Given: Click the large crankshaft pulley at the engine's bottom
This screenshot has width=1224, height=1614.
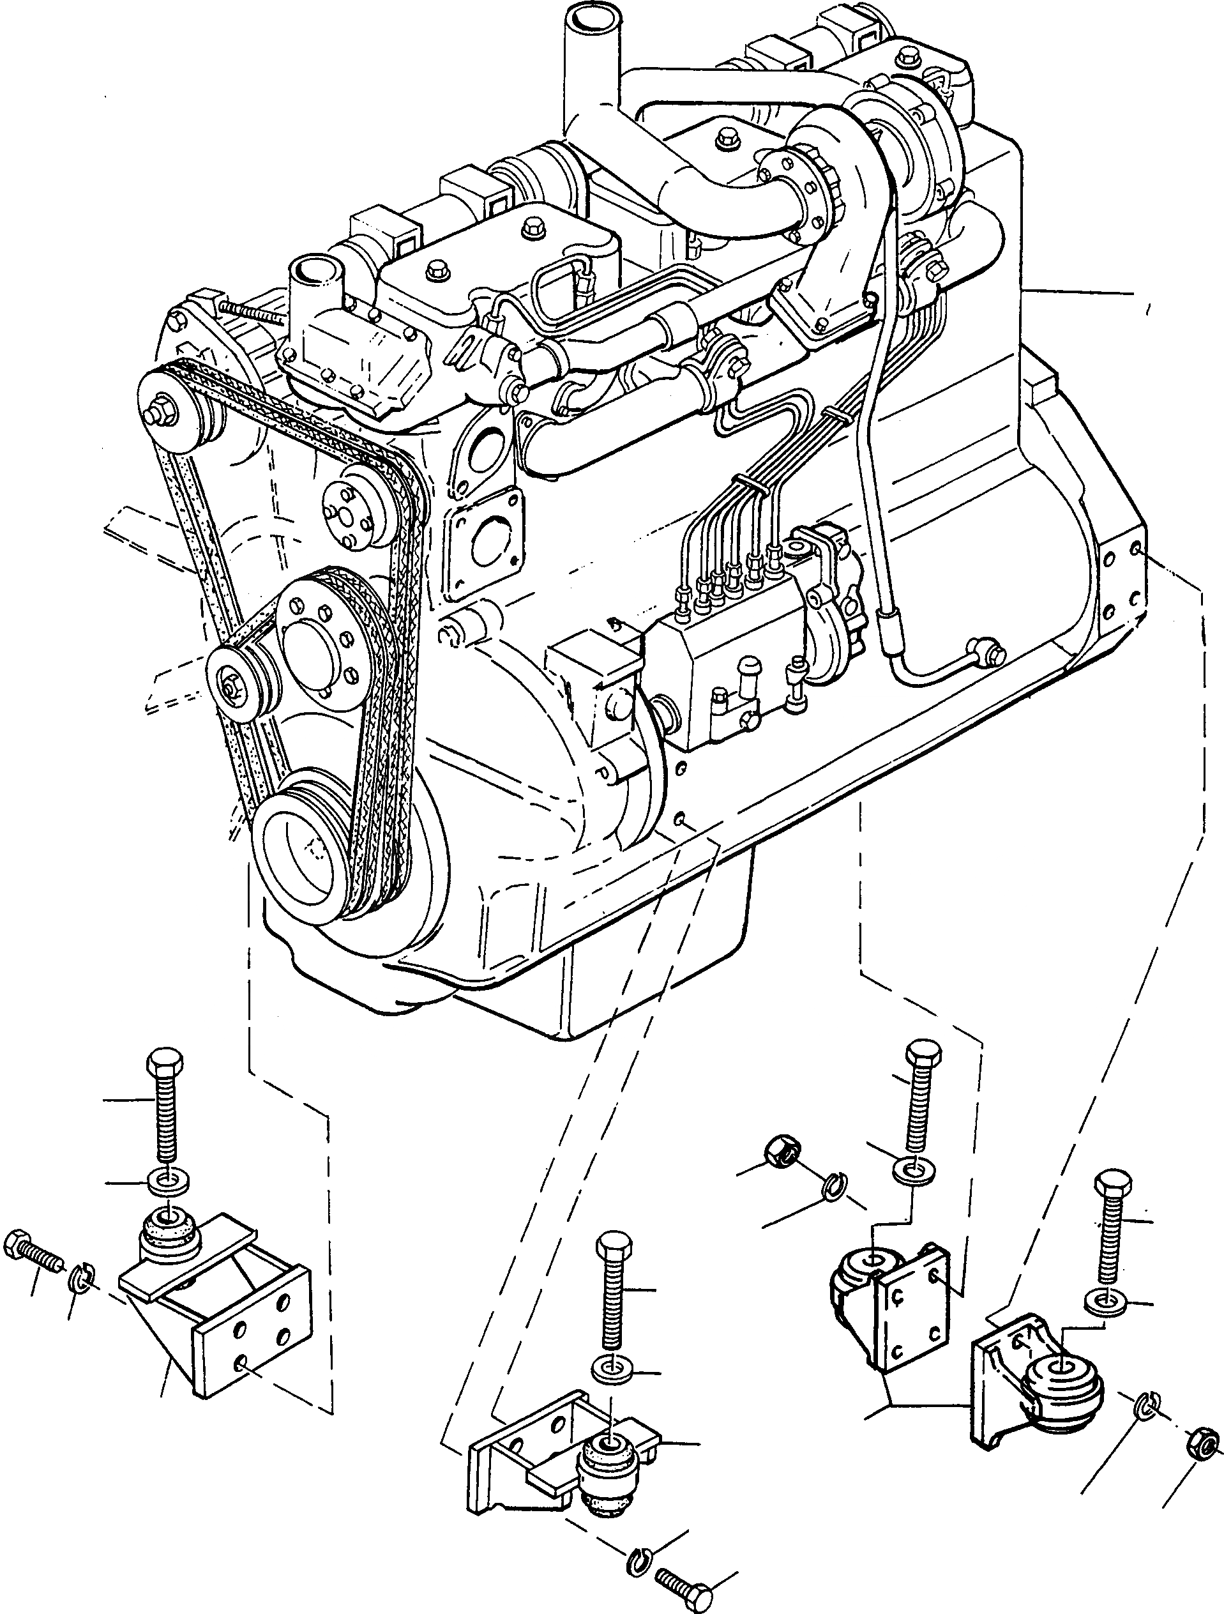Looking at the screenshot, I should pyautogui.click(x=303, y=849).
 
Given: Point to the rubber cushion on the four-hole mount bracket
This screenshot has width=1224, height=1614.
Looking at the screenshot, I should pyautogui.click(x=170, y=1235).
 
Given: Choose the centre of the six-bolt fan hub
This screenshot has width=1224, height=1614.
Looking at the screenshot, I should pyautogui.click(x=314, y=646).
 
